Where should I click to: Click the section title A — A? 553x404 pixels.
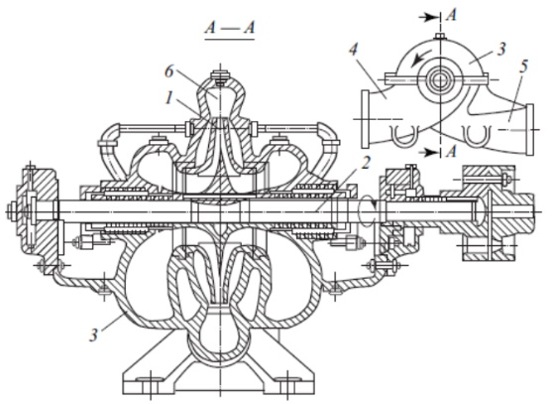(230, 27)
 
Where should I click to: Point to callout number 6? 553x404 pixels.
(169, 71)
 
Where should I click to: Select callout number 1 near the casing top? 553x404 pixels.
(169, 98)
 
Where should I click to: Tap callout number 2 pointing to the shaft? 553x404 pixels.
(367, 163)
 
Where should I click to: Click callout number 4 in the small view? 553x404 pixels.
(354, 50)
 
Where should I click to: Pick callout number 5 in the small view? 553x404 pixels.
(523, 67)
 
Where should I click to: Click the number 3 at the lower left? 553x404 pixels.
(93, 335)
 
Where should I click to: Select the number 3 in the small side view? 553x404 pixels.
(501, 49)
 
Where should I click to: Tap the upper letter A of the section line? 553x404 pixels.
(451, 15)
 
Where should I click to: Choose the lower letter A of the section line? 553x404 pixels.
(451, 152)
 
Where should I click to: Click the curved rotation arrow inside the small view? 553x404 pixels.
(422, 58)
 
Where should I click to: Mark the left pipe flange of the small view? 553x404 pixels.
(365, 119)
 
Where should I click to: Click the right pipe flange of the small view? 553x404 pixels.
(529, 129)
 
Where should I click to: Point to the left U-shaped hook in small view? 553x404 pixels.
(404, 135)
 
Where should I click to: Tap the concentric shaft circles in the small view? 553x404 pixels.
(440, 79)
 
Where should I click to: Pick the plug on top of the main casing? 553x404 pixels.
(220, 78)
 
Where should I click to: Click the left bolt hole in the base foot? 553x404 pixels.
(150, 379)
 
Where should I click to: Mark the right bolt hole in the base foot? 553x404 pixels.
(288, 379)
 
